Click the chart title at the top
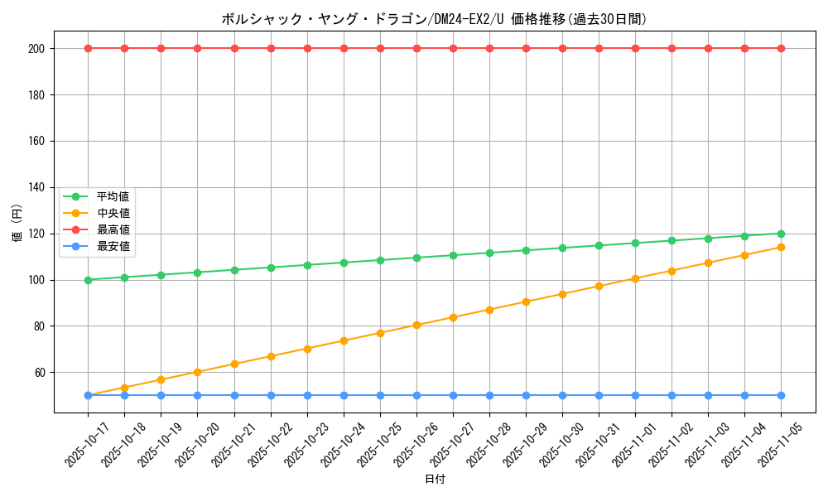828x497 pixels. click(x=434, y=19)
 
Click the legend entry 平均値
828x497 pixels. click(x=113, y=196)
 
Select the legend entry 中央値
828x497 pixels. click(x=113, y=213)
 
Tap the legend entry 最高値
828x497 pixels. click(x=113, y=229)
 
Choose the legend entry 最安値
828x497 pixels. click(x=113, y=246)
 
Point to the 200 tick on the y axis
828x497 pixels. click(x=36, y=49)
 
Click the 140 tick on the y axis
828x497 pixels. click(x=36, y=187)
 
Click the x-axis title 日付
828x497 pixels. click(x=435, y=480)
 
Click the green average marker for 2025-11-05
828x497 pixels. click(x=781, y=234)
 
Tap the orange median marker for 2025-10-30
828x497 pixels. click(x=562, y=294)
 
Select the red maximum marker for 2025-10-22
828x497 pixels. click(x=271, y=48)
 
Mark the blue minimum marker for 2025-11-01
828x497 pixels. click(x=635, y=395)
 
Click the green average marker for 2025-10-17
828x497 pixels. click(x=88, y=280)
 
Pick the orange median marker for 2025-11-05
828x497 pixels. click(x=781, y=247)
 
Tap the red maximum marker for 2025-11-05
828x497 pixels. click(x=781, y=48)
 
